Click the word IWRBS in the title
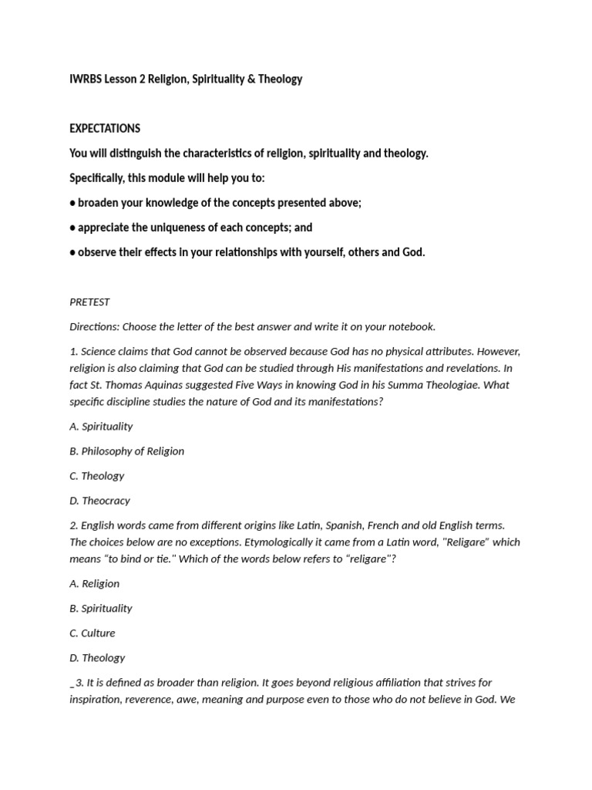click(85, 79)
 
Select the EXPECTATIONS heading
click(105, 129)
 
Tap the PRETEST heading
click(89, 302)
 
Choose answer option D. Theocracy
click(99, 501)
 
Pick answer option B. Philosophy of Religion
click(126, 451)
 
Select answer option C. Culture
click(92, 633)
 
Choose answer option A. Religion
click(94, 584)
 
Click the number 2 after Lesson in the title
click(143, 79)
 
